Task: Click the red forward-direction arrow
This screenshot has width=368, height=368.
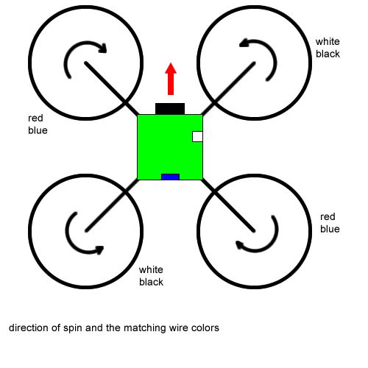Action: coord(171,79)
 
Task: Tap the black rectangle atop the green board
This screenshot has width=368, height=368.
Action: coord(170,109)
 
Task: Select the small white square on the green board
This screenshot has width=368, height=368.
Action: coord(197,137)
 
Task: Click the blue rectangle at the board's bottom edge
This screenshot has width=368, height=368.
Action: coord(171,177)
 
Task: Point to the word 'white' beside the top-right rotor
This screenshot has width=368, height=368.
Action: coord(328,42)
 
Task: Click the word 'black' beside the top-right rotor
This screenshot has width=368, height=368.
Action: coord(328,54)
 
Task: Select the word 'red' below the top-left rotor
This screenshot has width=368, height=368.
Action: coord(35,118)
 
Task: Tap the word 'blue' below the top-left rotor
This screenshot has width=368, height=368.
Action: coord(38,130)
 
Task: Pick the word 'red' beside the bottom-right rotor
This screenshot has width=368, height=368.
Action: coord(328,217)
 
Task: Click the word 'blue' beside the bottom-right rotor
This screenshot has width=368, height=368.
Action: coord(330,229)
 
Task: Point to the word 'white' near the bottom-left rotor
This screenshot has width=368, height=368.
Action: coord(151,270)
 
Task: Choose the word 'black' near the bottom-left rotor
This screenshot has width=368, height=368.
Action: coord(151,282)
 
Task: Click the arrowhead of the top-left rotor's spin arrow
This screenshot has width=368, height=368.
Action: coord(103,48)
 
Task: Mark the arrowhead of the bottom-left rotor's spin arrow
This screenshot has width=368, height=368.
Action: coord(100,250)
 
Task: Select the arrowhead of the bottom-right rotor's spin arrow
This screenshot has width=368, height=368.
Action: coord(240,245)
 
